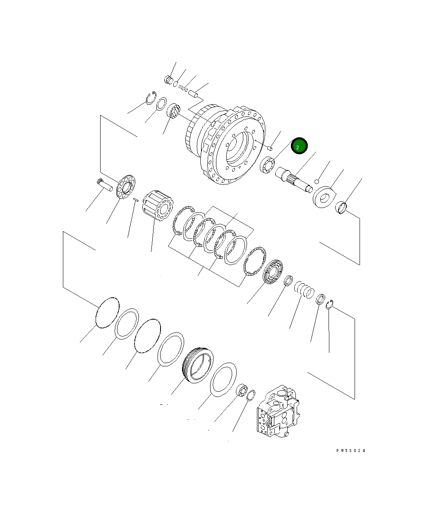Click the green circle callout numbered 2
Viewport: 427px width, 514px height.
tap(299, 146)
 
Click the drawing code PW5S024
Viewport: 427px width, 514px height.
tap(350, 451)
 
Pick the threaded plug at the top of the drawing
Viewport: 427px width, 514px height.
tap(168, 79)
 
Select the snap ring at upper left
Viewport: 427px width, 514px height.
tap(151, 98)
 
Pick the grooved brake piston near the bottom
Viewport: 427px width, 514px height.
tap(197, 364)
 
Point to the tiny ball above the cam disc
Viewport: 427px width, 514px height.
tap(317, 181)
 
